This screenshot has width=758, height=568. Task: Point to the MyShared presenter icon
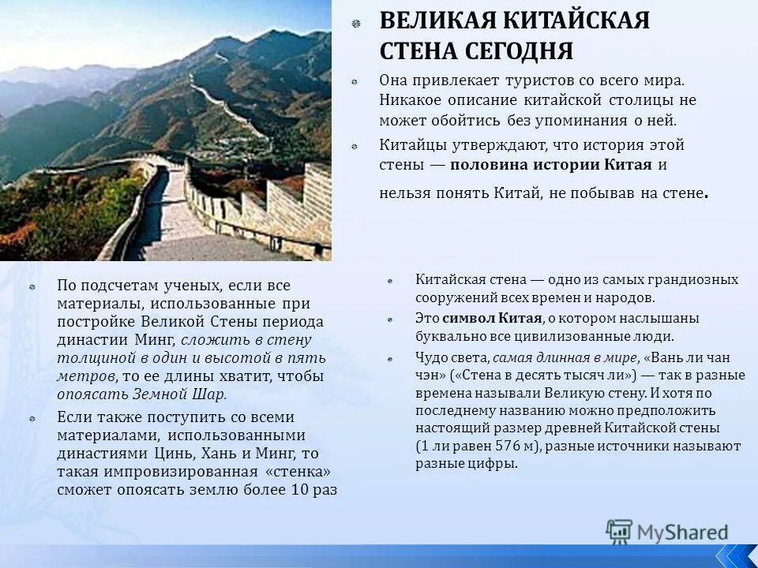click(619, 531)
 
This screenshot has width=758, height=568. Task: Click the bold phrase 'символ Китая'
click(492, 318)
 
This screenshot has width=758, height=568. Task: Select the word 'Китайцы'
click(412, 145)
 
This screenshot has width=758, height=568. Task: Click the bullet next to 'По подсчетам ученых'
click(32, 286)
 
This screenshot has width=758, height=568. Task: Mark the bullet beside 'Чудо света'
click(392, 357)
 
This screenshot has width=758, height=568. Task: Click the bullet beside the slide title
click(356, 22)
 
